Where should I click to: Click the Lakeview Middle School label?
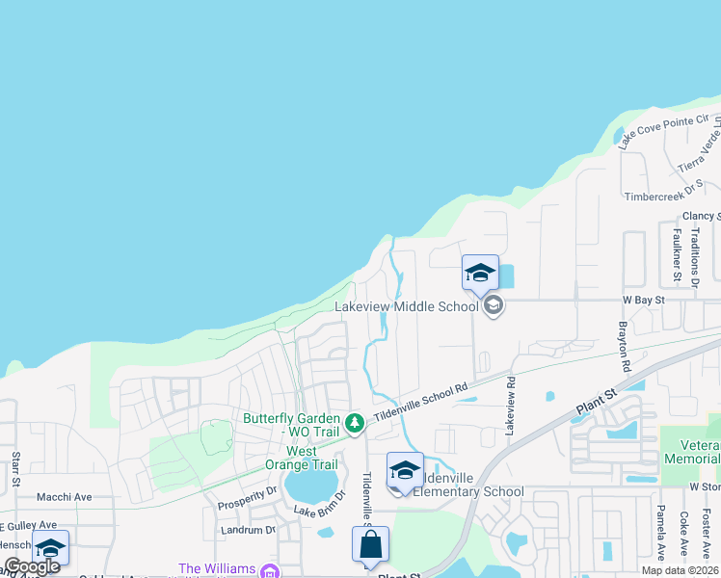click(406, 307)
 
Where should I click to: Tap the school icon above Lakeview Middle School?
click(479, 274)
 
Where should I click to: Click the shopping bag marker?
click(370, 546)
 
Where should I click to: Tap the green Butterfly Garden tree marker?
click(355, 422)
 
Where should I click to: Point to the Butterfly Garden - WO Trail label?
click(291, 425)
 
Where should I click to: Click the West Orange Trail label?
click(301, 458)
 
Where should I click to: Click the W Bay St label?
click(644, 301)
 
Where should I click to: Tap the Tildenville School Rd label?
click(421, 398)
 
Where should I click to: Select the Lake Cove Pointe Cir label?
click(663, 131)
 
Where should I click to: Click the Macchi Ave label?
click(64, 497)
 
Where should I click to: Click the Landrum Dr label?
click(249, 530)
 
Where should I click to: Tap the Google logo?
click(32, 566)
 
